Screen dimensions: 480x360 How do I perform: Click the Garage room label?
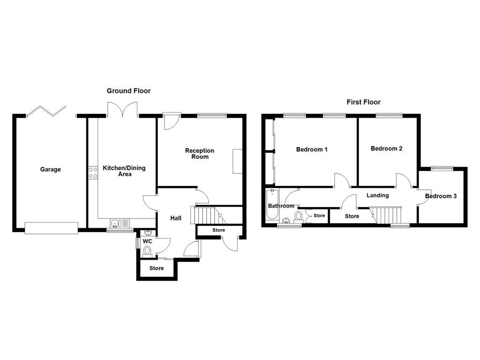pyautogui.click(x=51, y=169)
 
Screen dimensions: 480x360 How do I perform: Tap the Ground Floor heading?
pyautogui.click(x=128, y=90)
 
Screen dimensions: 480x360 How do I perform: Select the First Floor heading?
pyautogui.click(x=363, y=102)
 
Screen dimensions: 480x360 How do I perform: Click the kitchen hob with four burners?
pyautogui.click(x=93, y=172)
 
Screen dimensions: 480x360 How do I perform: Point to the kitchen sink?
pyautogui.click(x=120, y=223)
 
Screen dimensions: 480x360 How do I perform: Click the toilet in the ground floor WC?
pyautogui.click(x=147, y=252)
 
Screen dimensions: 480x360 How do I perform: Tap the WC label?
pyautogui.click(x=147, y=241)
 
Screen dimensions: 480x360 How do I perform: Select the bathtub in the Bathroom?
pyautogui.click(x=272, y=204)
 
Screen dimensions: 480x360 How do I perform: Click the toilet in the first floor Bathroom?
pyautogui.click(x=299, y=217)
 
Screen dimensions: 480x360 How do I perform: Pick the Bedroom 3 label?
pyautogui.click(x=441, y=196)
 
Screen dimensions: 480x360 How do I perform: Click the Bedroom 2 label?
pyautogui.click(x=386, y=149)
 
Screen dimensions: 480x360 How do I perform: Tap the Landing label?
pyautogui.click(x=378, y=195)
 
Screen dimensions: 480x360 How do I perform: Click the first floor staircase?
pyautogui.click(x=385, y=215)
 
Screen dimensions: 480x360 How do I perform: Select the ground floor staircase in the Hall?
pyautogui.click(x=208, y=215)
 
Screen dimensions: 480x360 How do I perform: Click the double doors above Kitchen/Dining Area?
pyautogui.click(x=122, y=109)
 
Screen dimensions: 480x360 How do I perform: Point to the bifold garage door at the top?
pyautogui.click(x=46, y=111)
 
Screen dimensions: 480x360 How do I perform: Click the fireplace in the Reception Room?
pyautogui.click(x=238, y=161)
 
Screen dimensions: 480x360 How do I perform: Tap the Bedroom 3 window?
pyautogui.click(x=442, y=168)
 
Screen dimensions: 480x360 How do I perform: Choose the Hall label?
pyautogui.click(x=176, y=218)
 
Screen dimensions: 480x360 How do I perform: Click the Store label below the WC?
pyautogui.click(x=157, y=268)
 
